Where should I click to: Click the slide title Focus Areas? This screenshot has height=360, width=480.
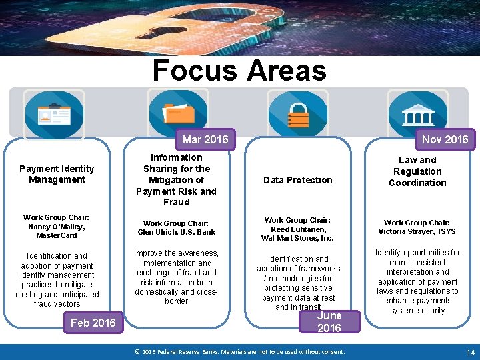[x=239, y=70]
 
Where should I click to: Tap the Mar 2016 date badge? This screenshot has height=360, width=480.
[x=205, y=139]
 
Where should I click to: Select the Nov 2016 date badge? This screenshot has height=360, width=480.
[x=445, y=139]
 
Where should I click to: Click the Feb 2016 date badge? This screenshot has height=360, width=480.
[x=93, y=323]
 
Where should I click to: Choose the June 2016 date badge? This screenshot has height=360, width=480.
[x=329, y=321]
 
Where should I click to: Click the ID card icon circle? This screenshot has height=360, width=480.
[x=55, y=114]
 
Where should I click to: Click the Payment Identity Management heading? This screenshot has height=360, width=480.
[x=57, y=174]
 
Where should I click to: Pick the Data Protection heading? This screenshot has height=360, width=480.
[x=297, y=180]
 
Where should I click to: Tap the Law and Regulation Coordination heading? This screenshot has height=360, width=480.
[x=417, y=171]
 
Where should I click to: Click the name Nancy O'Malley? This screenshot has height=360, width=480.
[x=56, y=227]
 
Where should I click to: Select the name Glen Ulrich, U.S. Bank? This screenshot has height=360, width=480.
[x=177, y=232]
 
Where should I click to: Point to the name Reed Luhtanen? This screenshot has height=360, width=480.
[x=297, y=229]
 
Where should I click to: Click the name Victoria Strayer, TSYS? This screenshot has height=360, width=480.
[x=417, y=231]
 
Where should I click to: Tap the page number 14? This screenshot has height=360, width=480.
[x=470, y=352]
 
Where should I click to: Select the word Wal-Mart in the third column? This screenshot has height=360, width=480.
[x=278, y=238]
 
